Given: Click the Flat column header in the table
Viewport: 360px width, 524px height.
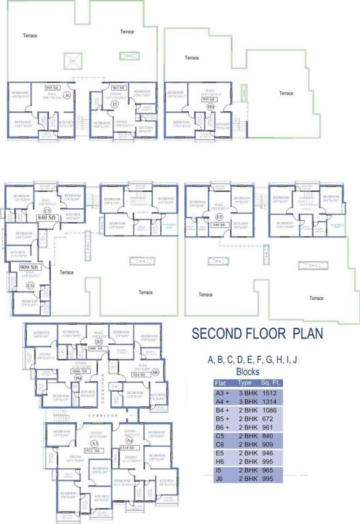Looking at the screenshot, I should click(222, 383).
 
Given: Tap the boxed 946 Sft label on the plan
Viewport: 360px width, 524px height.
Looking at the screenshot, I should click(220, 223).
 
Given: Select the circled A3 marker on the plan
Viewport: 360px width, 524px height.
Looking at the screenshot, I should click(87, 443).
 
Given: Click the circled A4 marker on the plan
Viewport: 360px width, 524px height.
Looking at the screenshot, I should click(130, 443).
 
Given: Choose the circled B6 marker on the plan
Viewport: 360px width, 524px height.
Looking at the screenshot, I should click(155, 371).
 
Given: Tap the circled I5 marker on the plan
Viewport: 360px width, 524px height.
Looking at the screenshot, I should click(115, 104).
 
